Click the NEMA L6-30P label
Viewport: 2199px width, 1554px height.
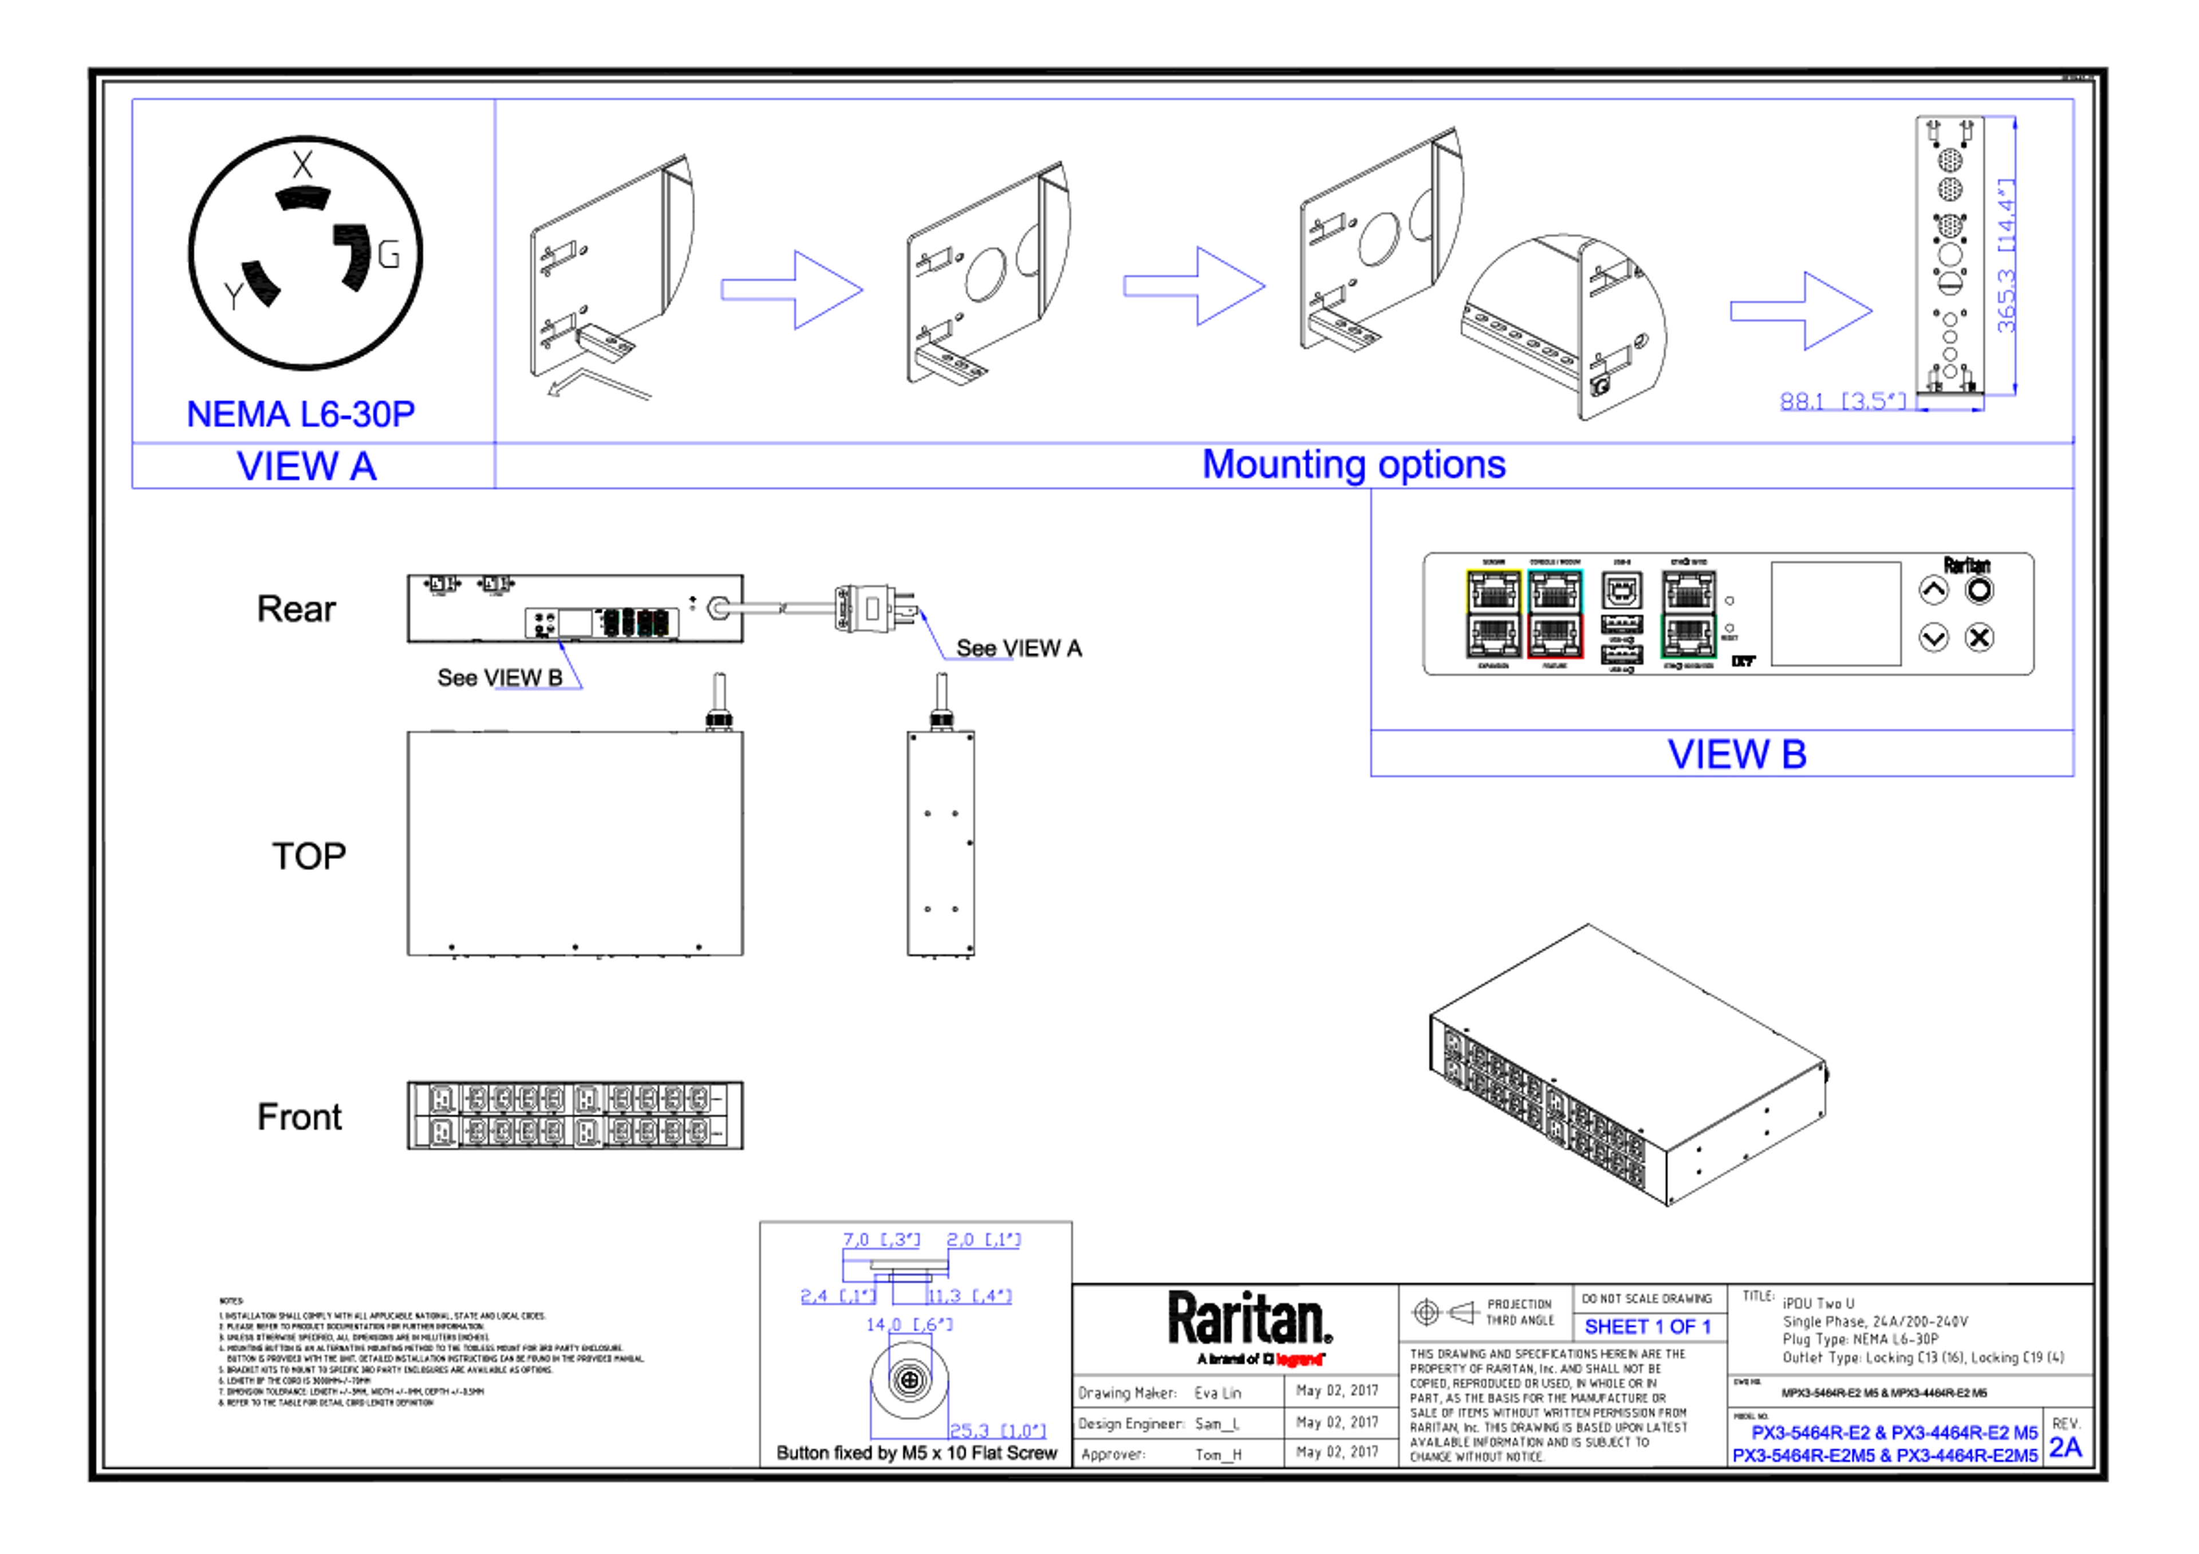coord(302,414)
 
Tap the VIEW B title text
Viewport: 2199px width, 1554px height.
coord(1736,754)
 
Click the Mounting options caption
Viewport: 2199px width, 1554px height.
coord(1354,465)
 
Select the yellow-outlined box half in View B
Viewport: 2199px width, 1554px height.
coord(1493,591)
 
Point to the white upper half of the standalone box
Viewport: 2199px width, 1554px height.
coord(1689,591)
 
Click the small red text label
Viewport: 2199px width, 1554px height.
coord(1300,1359)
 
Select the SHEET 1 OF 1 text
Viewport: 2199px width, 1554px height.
coord(1646,1327)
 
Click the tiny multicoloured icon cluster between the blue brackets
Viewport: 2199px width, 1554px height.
coord(636,623)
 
